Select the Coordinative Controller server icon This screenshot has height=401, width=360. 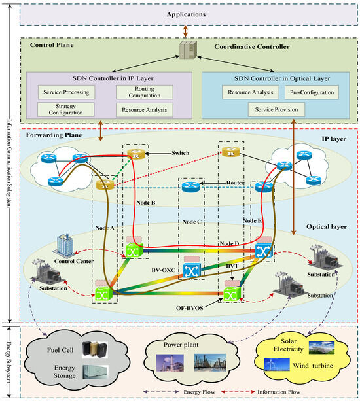(x=185, y=50)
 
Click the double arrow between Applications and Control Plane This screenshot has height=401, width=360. (x=185, y=30)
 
